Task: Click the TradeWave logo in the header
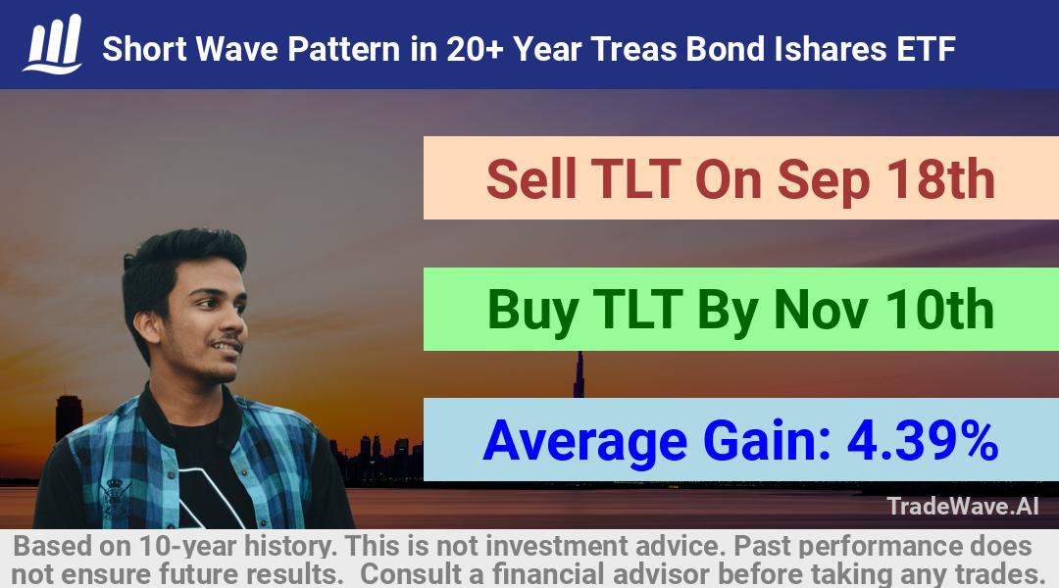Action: tap(53, 44)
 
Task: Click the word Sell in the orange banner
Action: tap(531, 179)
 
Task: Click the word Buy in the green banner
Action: tap(532, 311)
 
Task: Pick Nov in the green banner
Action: tap(821, 310)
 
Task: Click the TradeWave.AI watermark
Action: tap(963, 506)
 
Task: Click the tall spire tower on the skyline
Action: tap(579, 374)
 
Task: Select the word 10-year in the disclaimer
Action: tap(189, 546)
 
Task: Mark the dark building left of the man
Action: tap(69, 417)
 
